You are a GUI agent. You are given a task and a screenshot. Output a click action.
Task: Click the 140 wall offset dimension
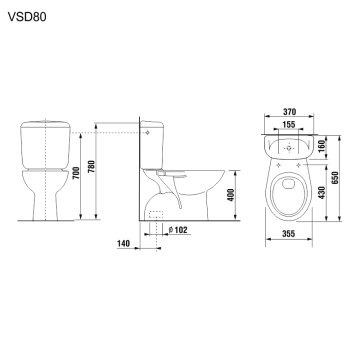click(124, 243)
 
